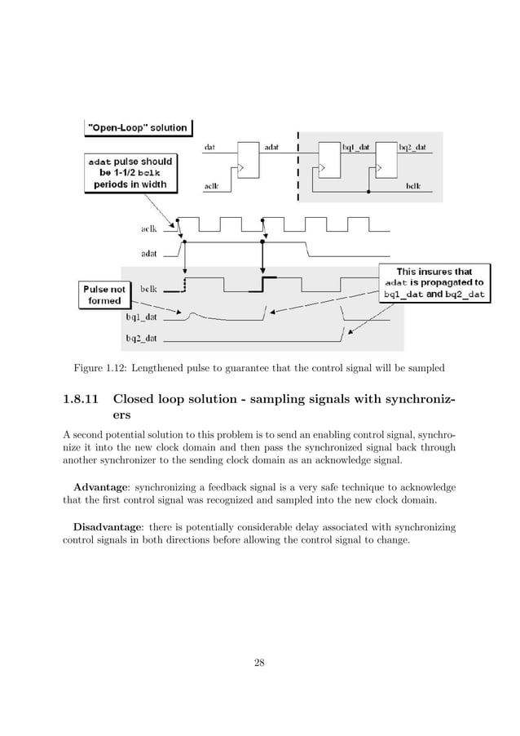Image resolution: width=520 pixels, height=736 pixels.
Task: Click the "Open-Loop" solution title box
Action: point(138,127)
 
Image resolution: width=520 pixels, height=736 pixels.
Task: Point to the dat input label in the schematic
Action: point(209,148)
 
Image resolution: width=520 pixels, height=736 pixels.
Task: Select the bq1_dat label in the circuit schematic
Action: point(356,148)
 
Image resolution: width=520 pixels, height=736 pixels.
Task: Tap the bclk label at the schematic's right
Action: point(413,186)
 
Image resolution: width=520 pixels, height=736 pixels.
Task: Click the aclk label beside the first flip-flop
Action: point(210,186)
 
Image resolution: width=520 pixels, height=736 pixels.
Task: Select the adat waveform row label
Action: point(149,253)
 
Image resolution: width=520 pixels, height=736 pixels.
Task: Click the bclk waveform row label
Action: point(149,289)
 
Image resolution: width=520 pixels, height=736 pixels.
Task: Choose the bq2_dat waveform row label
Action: point(141,336)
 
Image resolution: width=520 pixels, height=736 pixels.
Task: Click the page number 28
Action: point(259,661)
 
